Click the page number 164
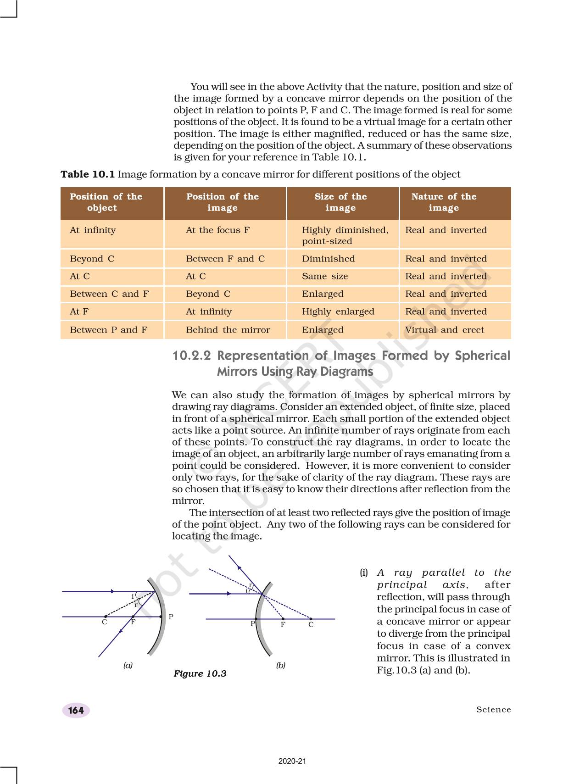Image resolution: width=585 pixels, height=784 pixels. click(76, 710)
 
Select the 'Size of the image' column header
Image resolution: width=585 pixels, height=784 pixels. click(340, 202)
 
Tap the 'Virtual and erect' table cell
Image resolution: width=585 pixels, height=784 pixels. click(444, 330)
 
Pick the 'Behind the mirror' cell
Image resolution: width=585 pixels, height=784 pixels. click(228, 330)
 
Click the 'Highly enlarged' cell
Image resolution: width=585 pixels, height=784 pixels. click(338, 311)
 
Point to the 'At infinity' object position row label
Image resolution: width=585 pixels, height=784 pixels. click(93, 230)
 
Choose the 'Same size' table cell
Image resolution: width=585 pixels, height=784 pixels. click(325, 276)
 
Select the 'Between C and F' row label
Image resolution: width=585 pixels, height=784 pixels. click(109, 294)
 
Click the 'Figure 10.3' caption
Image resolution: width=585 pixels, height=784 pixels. click(200, 673)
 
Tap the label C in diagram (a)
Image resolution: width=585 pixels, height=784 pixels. click(105, 623)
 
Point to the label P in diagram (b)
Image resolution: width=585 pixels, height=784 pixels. click(252, 624)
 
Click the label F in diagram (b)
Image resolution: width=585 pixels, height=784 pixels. click(283, 625)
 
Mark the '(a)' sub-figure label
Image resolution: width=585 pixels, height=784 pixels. click(128, 665)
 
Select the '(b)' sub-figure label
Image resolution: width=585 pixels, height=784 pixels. click(281, 665)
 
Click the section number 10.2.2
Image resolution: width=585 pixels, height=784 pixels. click(191, 356)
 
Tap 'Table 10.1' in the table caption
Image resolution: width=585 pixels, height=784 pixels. click(88, 174)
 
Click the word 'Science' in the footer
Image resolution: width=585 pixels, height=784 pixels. click(493, 710)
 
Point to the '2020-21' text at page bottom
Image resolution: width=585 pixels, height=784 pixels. click(292, 761)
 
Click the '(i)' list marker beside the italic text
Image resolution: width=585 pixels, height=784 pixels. click(364, 573)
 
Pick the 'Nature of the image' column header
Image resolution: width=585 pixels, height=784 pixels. click(444, 202)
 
